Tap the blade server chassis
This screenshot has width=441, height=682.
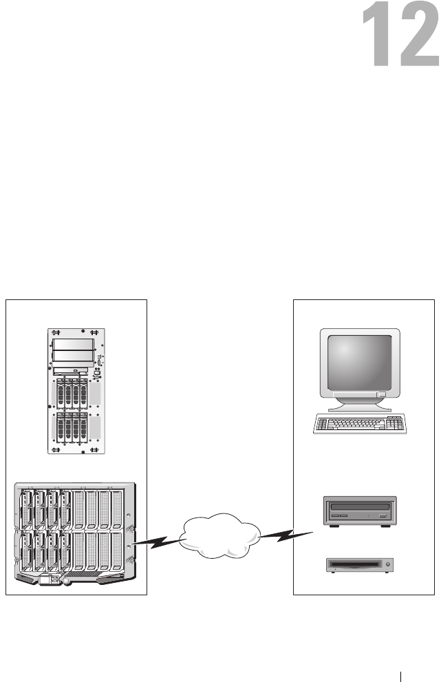[72, 532]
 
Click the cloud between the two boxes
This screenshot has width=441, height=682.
[220, 537]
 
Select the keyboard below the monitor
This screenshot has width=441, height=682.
[360, 424]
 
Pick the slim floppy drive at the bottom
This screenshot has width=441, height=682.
[359, 565]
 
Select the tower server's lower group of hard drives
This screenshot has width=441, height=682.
[72, 427]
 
